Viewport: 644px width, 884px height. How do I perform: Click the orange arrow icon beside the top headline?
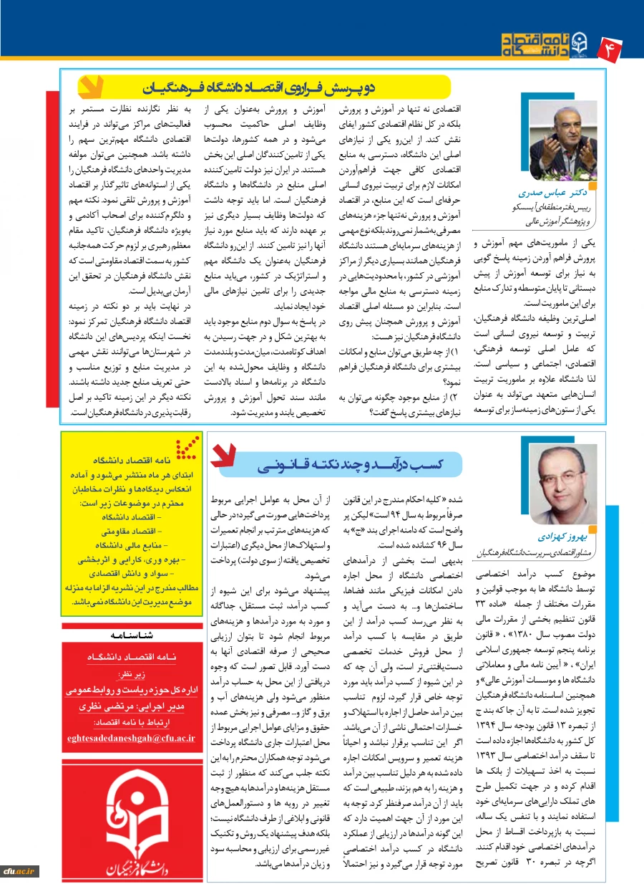click(89, 87)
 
